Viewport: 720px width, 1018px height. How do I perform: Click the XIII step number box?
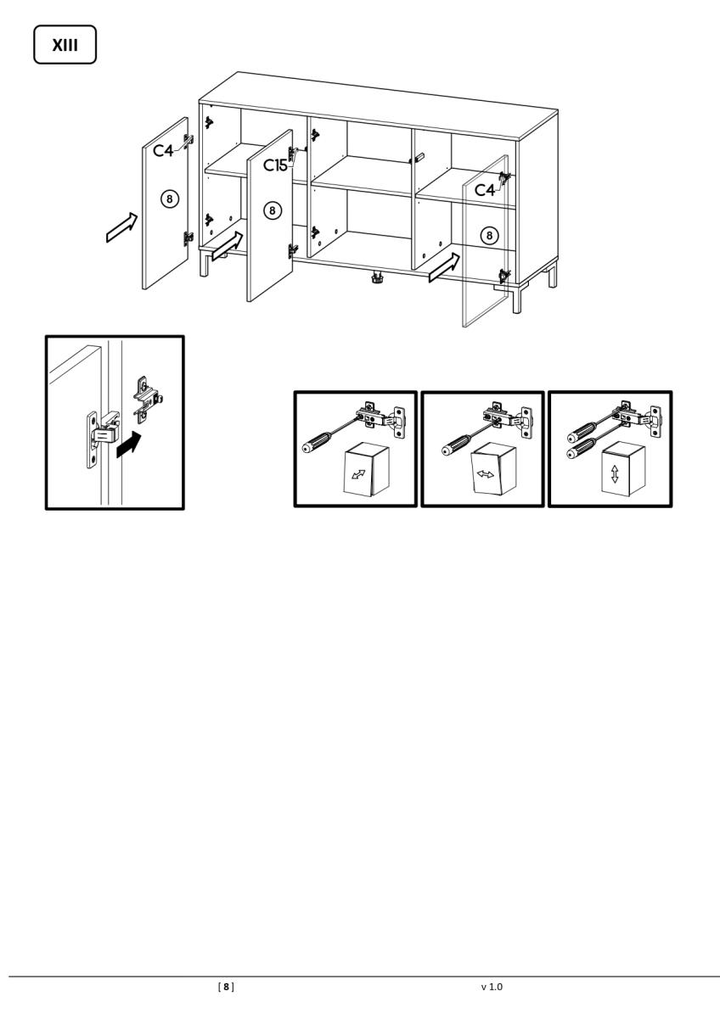point(65,44)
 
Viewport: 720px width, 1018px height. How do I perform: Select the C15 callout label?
point(275,165)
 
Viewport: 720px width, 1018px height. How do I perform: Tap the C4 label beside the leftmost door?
point(163,150)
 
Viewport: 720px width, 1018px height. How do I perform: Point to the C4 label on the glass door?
point(485,189)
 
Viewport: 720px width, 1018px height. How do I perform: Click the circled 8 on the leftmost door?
point(170,199)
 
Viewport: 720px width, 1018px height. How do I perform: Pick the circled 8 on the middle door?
point(272,210)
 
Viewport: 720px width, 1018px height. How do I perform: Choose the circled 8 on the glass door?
point(489,235)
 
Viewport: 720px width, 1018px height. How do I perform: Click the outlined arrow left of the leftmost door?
point(121,227)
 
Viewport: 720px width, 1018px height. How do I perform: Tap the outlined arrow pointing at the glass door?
point(444,268)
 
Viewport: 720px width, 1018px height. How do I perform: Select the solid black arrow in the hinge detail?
point(129,445)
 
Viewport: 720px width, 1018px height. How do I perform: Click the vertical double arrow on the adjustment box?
point(615,473)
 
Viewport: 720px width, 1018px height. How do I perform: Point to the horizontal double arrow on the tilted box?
point(485,474)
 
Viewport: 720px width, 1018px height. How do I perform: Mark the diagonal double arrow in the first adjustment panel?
point(358,474)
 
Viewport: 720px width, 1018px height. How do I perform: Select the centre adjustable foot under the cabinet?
point(377,277)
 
